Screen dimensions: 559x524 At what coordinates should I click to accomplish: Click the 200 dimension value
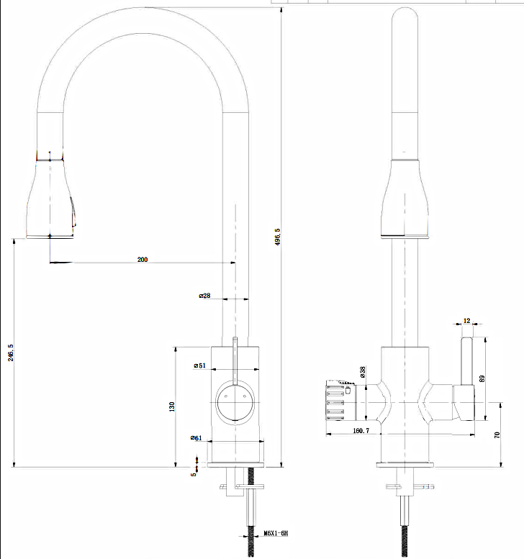[x=143, y=260]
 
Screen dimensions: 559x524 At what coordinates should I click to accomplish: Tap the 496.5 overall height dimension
[x=277, y=237]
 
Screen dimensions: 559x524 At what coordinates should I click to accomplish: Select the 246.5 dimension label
[x=10, y=353]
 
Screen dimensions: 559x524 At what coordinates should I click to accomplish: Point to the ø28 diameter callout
[x=204, y=296]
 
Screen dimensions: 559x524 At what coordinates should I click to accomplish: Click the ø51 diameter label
[x=199, y=365]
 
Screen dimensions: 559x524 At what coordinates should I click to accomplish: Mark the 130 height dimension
[x=171, y=407]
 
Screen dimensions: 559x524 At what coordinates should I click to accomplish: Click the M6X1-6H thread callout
[x=276, y=533]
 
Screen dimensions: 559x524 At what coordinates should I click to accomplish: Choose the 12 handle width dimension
[x=466, y=321]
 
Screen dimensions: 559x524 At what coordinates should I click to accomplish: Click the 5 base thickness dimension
[x=193, y=473]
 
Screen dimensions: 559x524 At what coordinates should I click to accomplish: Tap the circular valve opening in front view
[x=234, y=401]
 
